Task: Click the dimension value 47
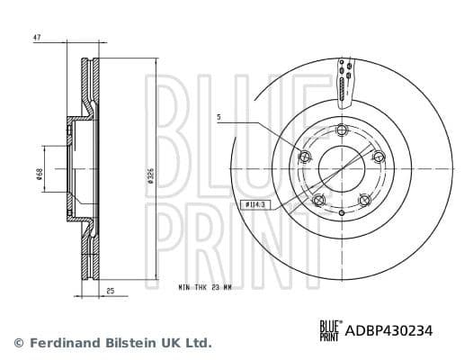click(x=37, y=39)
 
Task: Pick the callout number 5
click(x=219, y=117)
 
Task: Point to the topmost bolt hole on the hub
click(x=341, y=131)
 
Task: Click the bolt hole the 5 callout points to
click(x=304, y=158)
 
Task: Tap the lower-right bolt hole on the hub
click(x=363, y=201)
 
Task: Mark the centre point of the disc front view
click(x=341, y=167)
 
